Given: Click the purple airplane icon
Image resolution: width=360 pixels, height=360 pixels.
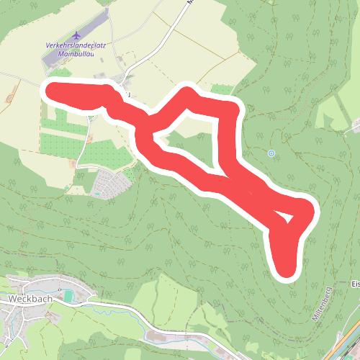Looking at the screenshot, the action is [77, 35].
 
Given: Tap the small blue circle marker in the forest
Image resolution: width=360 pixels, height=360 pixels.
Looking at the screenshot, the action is [271, 153].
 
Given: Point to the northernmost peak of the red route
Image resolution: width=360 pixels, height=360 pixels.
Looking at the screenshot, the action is [188, 94].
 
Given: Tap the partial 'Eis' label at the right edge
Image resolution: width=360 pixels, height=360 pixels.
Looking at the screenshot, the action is [355, 284].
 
